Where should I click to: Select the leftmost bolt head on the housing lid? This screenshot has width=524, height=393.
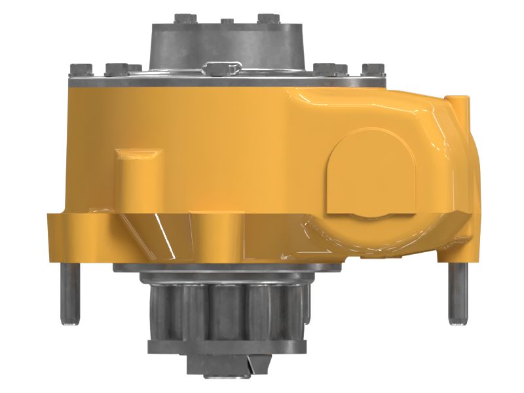click(81, 68)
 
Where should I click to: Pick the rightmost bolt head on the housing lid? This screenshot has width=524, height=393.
click(373, 69)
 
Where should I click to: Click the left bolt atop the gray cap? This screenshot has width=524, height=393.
click(183, 18)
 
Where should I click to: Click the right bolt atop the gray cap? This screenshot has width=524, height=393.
click(269, 18)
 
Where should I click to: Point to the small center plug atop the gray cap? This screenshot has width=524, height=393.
click(227, 22)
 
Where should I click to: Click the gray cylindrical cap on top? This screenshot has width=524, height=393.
click(227, 43)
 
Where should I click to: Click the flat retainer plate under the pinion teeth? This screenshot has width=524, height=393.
click(226, 346)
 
